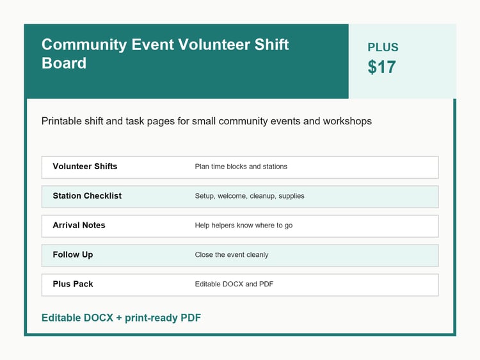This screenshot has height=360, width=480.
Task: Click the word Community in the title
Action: (84, 45)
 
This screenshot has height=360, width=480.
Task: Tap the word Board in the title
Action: (64, 63)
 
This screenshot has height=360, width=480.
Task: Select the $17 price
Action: (381, 67)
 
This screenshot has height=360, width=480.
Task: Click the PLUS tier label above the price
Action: (383, 47)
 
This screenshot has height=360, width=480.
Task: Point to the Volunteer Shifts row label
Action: (85, 167)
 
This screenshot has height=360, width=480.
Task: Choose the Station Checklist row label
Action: (87, 196)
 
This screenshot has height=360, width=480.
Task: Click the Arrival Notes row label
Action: (79, 225)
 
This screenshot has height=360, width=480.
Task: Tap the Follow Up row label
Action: (73, 254)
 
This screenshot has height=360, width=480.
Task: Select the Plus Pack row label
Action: (73, 284)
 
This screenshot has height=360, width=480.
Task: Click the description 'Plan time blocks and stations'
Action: (241, 167)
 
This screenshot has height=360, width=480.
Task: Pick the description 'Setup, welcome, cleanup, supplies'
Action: (250, 196)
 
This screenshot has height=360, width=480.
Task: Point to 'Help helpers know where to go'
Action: (244, 225)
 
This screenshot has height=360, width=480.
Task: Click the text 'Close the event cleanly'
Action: (232, 255)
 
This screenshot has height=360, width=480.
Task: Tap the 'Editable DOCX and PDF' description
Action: (234, 284)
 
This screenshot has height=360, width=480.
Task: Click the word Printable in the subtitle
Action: (61, 121)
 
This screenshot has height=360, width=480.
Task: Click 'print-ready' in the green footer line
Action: (151, 318)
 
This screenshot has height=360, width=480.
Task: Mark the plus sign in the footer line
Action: (119, 318)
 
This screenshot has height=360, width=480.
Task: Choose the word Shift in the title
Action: (272, 44)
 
